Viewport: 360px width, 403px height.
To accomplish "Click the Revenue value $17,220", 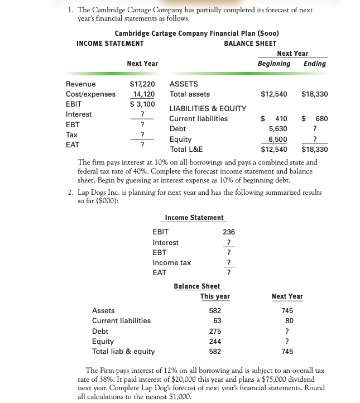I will [142, 84].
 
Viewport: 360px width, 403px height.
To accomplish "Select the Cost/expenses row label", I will [90, 94].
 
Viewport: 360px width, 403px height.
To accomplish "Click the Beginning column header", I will [273, 63].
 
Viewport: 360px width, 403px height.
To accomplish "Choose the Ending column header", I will [314, 63].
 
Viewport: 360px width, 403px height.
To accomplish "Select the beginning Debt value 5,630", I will [277, 128].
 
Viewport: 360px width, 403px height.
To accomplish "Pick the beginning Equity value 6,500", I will [277, 139].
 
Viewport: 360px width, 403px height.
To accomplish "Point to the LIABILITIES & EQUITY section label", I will [208, 108].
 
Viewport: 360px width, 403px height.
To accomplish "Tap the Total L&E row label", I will [186, 149].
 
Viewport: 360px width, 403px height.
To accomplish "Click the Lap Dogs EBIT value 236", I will [228, 232].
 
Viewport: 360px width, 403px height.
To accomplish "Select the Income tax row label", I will [171, 262].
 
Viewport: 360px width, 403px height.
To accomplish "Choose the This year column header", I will [215, 296].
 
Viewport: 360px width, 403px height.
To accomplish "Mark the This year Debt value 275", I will [215, 331].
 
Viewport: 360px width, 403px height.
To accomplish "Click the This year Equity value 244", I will [215, 341].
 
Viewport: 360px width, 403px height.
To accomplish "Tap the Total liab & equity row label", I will [123, 351].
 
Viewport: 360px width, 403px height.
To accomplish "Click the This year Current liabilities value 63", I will [217, 321].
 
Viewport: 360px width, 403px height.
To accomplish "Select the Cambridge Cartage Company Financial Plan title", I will [197, 33].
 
